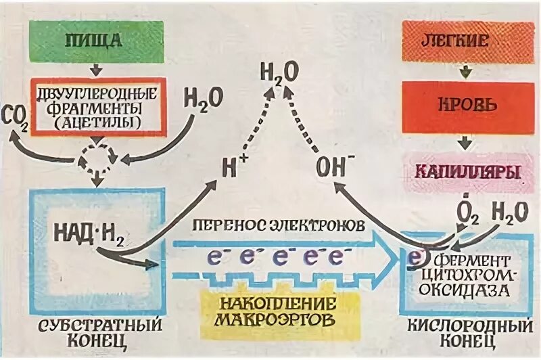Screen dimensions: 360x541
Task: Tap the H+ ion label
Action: point(233,166)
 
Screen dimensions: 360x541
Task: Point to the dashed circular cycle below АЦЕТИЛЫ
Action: point(99,157)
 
